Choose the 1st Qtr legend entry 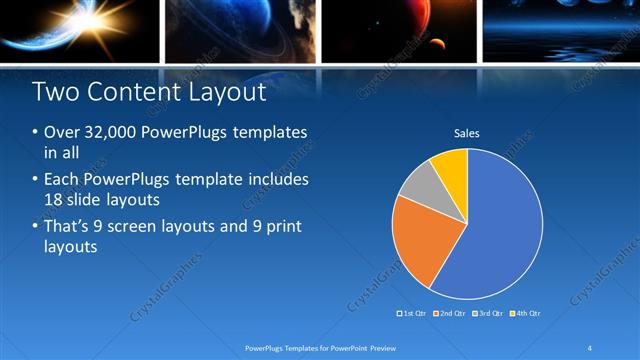click(414, 313)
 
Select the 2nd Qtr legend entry click(452, 313)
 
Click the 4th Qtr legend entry click(527, 313)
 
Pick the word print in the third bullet click(283, 227)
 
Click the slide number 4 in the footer click(590, 347)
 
